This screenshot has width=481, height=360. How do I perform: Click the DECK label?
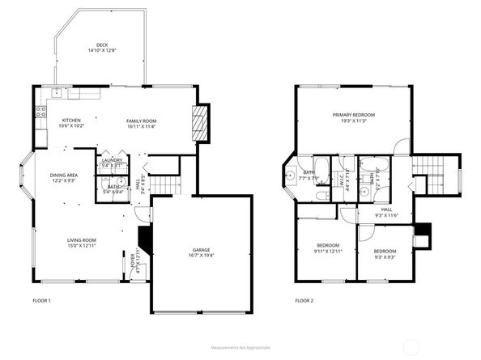102,45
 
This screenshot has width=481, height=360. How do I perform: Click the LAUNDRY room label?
112,160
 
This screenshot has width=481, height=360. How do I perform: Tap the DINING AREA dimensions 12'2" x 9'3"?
64,181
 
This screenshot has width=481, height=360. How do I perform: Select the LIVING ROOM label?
82,239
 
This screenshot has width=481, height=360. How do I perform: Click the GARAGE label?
201,250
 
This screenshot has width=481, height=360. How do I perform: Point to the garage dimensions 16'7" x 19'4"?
201,256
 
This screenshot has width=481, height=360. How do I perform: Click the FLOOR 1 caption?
40,301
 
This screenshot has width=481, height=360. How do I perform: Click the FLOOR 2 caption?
304,301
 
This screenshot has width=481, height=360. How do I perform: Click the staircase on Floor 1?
166,184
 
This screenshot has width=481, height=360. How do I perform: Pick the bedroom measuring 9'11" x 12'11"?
327,248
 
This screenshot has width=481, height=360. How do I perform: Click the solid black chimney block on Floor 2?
420,240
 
